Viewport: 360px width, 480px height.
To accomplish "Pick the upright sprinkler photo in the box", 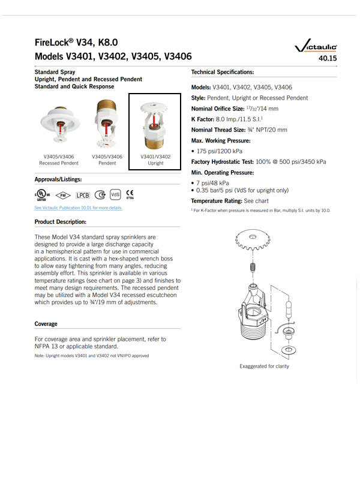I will coord(155,127).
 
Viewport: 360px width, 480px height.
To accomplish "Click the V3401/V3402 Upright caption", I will coord(155,160).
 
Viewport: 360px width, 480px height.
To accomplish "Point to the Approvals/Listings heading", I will coord(58,179).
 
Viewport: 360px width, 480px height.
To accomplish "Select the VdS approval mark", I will coord(116,195).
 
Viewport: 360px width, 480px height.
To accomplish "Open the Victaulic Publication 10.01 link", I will coord(78,208).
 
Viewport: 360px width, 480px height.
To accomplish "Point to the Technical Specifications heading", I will coord(222,71).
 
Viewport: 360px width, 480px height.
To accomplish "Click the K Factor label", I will coord(206,119).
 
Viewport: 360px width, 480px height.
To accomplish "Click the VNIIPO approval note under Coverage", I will coord(92,356).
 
